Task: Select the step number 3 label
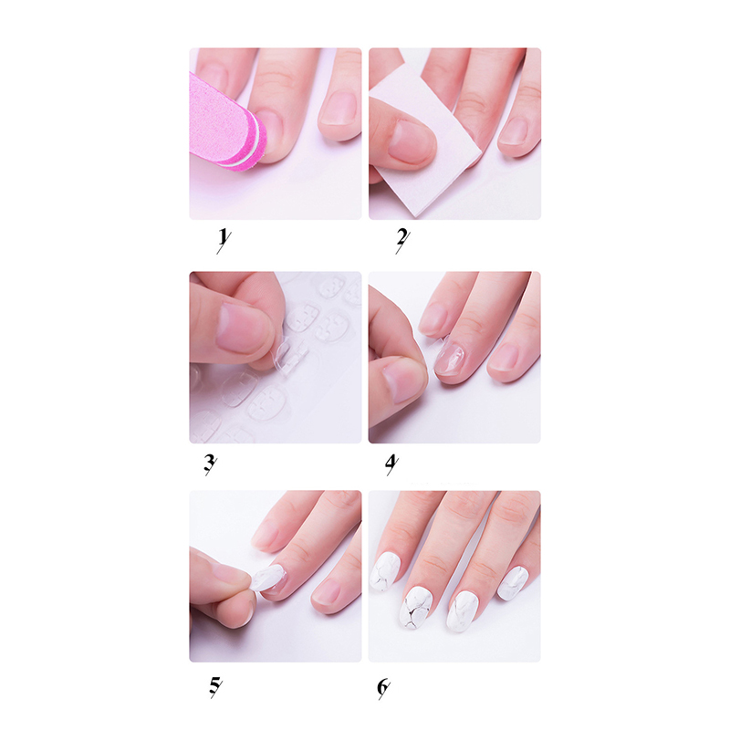pos(211,464)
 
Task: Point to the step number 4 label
pos(391,464)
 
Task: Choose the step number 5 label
pos(215,686)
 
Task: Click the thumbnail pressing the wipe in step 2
pos(410,141)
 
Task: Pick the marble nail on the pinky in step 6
pos(513,583)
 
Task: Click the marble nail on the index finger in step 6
pos(384,572)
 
